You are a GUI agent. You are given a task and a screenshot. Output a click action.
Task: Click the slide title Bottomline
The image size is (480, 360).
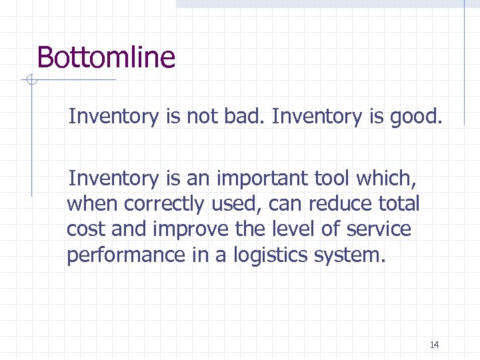tap(106, 57)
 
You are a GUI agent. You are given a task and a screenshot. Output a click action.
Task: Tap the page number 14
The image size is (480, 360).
tap(435, 345)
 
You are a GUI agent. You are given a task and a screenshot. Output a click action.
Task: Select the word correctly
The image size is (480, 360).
tap(161, 204)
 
